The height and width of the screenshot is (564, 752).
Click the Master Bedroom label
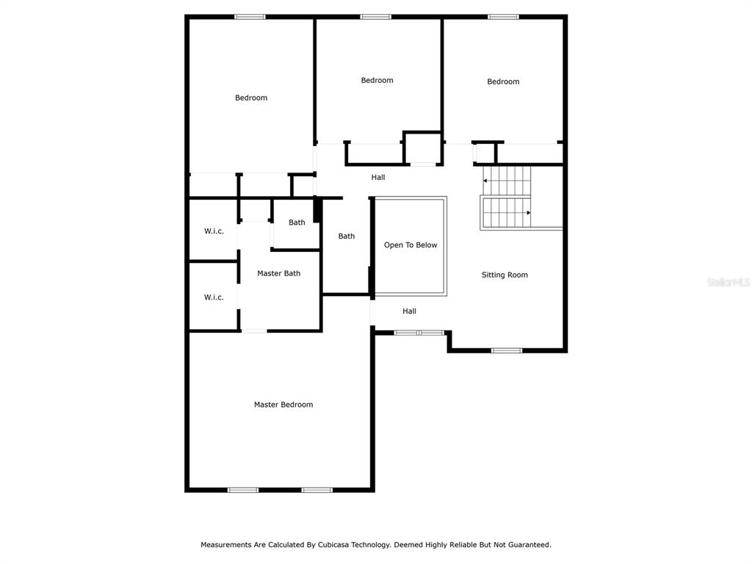283,405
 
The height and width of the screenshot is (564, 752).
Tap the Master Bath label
278,273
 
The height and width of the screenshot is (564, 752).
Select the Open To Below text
411,245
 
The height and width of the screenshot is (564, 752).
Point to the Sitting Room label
505,275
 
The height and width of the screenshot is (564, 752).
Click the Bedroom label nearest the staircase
503,82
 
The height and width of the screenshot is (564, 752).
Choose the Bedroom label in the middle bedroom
377,80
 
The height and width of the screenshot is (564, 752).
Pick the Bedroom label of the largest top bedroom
251,98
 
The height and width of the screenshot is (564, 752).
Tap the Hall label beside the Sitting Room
409,311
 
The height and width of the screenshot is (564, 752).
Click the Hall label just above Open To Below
378,178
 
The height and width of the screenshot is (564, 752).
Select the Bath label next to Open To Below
347,236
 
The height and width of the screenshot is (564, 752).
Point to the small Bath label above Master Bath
297,223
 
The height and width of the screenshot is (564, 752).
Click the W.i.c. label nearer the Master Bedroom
214,297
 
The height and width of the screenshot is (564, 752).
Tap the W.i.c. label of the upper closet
214,231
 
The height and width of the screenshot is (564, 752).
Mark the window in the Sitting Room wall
507,350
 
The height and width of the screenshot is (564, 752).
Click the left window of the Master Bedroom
242,490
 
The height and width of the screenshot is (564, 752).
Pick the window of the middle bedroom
375,17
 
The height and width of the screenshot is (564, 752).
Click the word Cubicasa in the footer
333,545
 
